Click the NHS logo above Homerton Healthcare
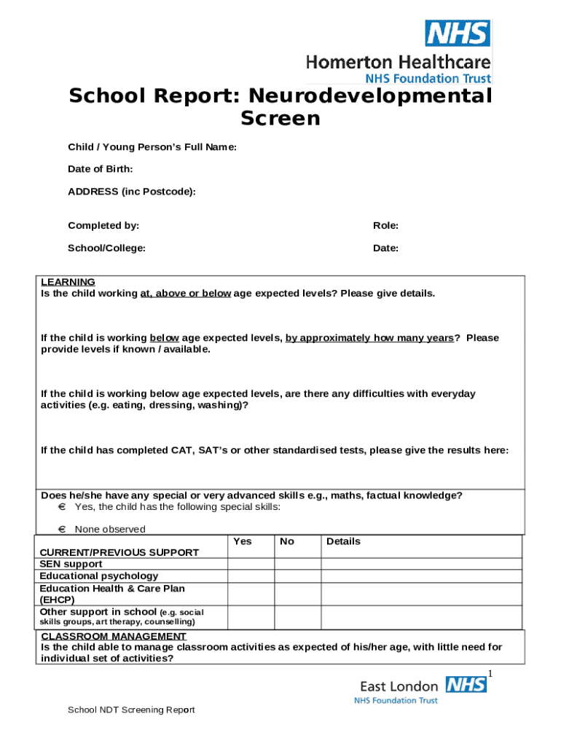coord(458,33)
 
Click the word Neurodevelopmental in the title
coord(369,96)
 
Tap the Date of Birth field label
coord(100,169)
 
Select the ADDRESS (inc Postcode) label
coord(132,192)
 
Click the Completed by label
coord(103,226)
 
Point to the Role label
coord(385,226)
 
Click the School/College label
coord(106,248)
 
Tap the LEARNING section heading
coord(68,282)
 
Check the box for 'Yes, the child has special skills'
coord(62,507)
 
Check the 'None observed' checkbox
coord(62,530)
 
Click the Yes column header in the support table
coord(243,541)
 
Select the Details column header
coord(343,541)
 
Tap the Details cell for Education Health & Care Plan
coord(421,594)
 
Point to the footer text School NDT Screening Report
coord(131,710)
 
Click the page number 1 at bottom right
coord(491,672)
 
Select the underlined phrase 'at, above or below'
coord(185,294)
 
